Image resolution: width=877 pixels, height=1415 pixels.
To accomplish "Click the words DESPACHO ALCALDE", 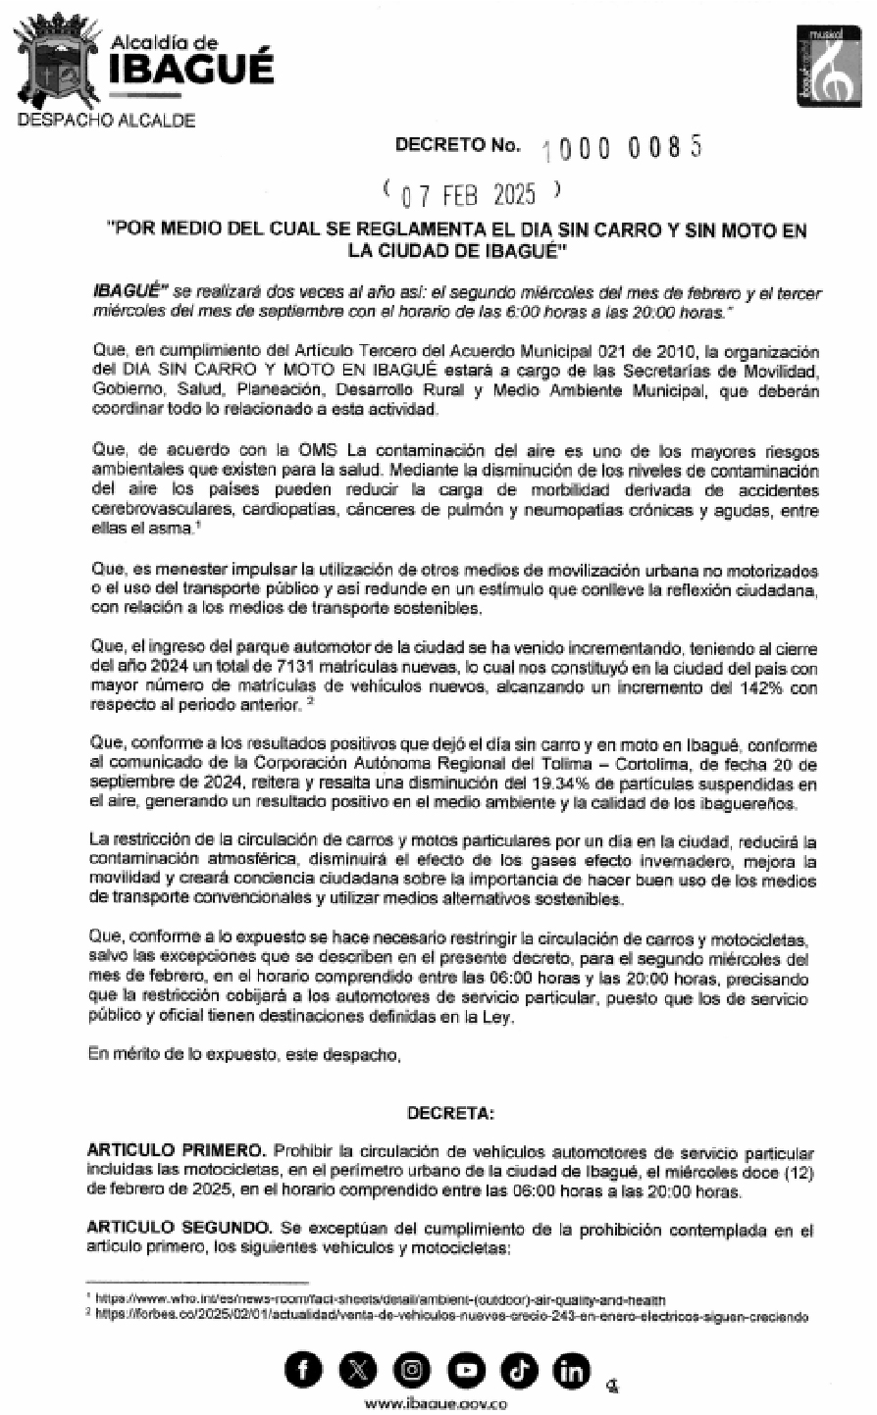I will pos(107,121).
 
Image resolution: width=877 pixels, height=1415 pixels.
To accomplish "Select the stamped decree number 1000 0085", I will pos(621,147).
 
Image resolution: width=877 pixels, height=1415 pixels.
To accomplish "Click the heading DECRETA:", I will pos(451,1114).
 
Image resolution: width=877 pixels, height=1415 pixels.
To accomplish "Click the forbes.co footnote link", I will pos(451,1317).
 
